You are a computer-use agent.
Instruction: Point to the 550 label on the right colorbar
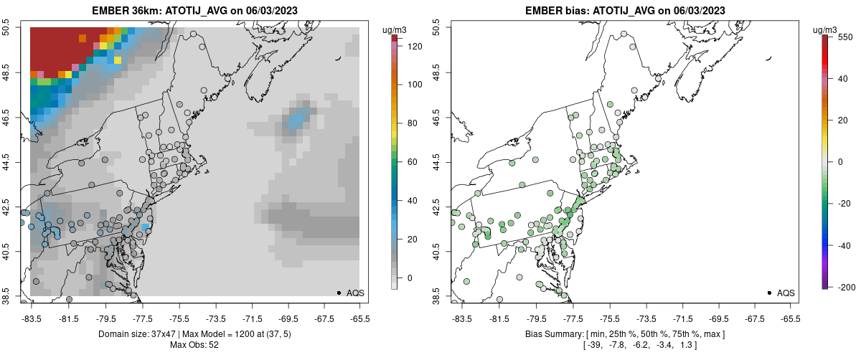click(844, 37)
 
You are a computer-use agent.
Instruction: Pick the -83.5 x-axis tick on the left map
click(31, 319)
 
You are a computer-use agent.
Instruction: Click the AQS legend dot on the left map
click(338, 293)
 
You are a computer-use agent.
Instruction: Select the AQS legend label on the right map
click(786, 293)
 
